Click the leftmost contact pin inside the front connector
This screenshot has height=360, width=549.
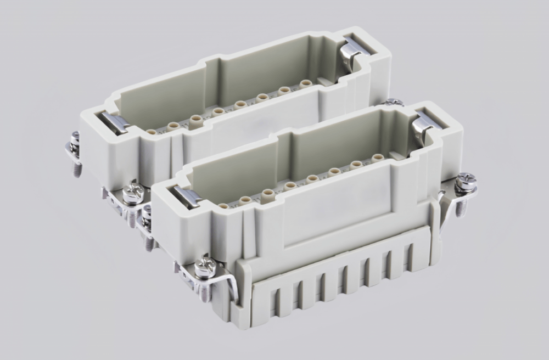[x=223, y=207]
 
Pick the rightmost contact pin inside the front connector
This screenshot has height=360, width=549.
[x=377, y=158]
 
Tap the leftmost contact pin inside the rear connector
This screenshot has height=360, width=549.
[x=150, y=132]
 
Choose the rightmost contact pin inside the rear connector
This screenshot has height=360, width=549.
[x=306, y=83]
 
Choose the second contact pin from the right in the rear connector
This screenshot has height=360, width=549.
[x=284, y=91]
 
